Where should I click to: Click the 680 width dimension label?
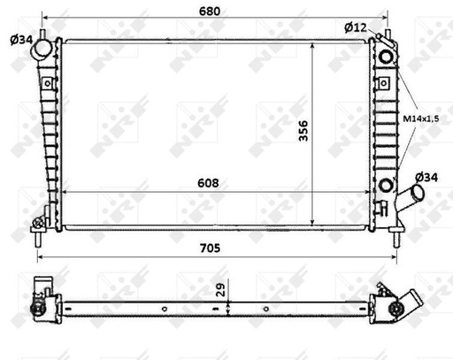(210, 12)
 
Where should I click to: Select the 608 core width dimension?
(209, 182)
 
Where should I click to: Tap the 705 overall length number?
(209, 249)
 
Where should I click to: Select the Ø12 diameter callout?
(355, 27)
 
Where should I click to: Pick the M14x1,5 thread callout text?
(423, 117)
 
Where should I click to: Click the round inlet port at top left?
(42, 51)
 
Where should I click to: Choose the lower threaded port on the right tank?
(386, 185)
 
